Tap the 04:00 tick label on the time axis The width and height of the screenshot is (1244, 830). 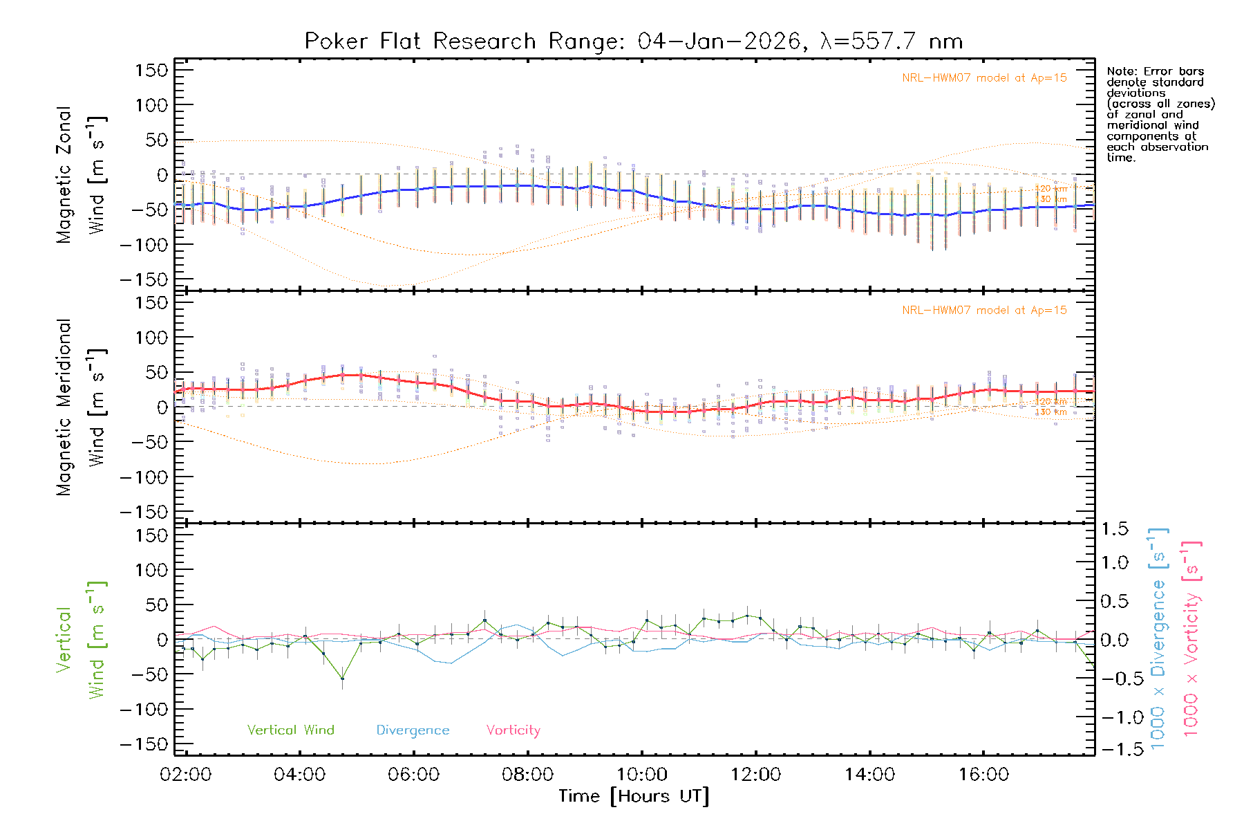click(299, 775)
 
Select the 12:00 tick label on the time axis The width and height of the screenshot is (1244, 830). click(755, 775)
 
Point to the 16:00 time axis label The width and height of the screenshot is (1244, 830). click(983, 775)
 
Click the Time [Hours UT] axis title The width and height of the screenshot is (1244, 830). click(634, 797)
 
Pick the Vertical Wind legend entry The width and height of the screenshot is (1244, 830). click(290, 730)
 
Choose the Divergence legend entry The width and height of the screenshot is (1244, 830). click(413, 730)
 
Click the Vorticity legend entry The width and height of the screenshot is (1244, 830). click(513, 730)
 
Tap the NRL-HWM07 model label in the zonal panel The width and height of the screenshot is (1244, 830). click(984, 78)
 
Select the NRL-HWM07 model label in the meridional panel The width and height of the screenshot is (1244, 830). click(984, 311)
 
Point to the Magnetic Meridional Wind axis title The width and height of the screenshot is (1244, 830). click(81, 407)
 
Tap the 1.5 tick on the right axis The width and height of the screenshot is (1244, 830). click(1115, 529)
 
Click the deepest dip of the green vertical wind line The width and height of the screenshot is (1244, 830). click(342, 679)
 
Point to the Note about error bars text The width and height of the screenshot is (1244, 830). click(1160, 114)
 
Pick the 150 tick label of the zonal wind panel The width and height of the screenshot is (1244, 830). click(151, 70)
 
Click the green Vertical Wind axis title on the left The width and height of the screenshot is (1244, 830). click(81, 640)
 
